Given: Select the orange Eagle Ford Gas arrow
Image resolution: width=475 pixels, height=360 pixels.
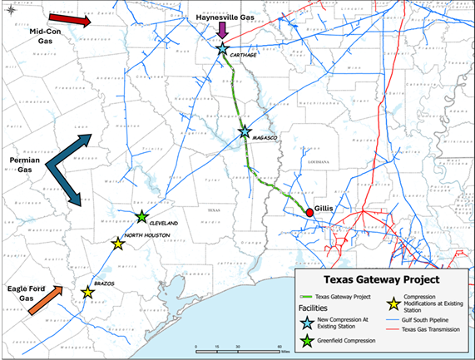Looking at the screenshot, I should point(44,302).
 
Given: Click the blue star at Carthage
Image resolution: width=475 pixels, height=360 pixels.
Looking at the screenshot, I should point(222,50).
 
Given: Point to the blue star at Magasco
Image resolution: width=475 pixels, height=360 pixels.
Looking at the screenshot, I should point(245,131).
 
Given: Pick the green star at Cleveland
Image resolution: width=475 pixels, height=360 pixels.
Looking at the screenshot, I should point(141,217).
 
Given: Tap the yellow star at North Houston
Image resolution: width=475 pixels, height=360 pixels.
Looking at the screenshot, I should point(117,244).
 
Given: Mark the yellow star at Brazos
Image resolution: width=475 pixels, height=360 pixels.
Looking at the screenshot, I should point(87,292).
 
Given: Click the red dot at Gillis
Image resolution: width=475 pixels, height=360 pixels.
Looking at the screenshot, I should point(309,214).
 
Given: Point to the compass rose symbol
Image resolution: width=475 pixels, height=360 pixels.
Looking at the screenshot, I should point(10,10).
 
